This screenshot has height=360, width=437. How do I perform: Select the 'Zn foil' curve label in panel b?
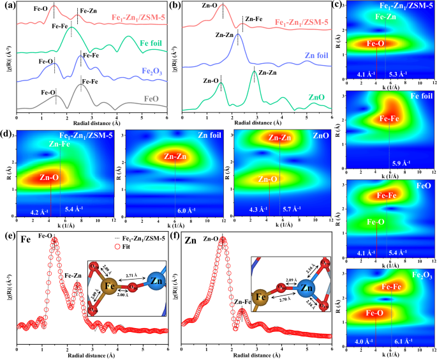pyautogui.click(x=316, y=56)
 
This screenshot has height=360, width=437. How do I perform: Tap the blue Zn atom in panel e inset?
pyautogui.click(x=157, y=281)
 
